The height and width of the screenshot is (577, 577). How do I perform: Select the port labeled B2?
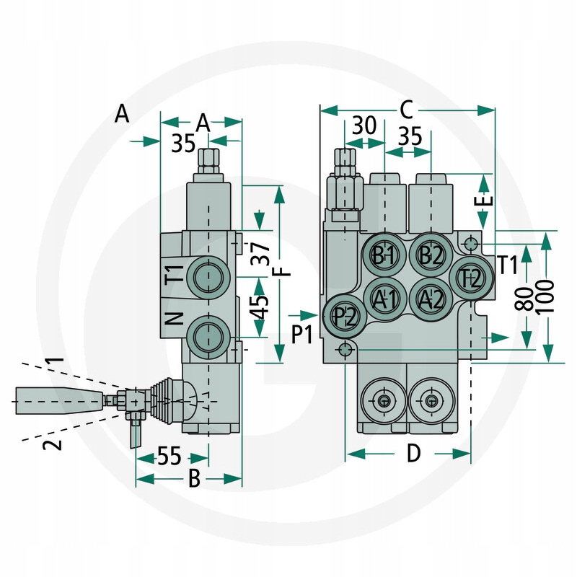[431, 255]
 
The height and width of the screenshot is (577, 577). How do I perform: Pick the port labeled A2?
[431, 297]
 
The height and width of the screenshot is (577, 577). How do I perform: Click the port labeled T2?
[470, 278]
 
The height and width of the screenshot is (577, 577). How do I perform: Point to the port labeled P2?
[345, 316]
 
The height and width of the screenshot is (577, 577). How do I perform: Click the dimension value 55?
[169, 456]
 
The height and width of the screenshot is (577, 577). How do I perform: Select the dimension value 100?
[547, 296]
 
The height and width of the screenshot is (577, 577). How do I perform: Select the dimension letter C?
[406, 110]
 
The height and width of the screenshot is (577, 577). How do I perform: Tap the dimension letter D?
[413, 453]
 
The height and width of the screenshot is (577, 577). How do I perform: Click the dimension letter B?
[193, 479]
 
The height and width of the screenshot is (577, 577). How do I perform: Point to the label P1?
[303, 333]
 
